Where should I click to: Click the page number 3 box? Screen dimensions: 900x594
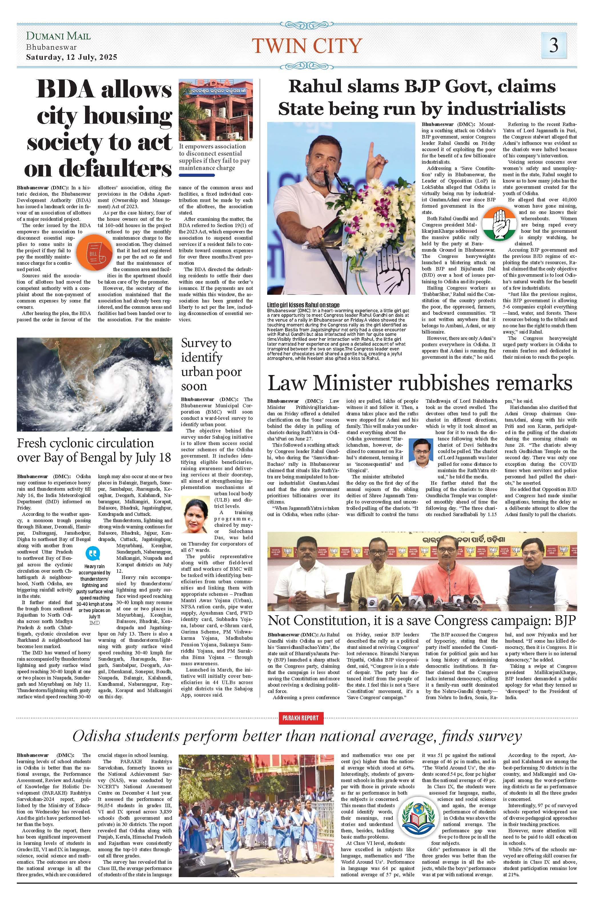point(553,45)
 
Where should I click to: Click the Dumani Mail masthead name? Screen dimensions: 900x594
point(58,36)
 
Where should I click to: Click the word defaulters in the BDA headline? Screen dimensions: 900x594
point(98,169)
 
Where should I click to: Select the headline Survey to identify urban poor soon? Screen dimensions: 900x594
point(211,364)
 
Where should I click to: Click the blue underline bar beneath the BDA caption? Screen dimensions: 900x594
point(197,175)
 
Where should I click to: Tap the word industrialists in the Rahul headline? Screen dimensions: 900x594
point(484,109)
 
